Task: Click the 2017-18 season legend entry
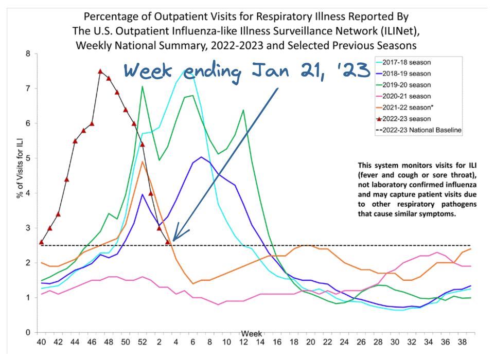(x=406, y=62)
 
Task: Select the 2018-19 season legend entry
(x=406, y=74)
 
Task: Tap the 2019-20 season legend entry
(x=406, y=85)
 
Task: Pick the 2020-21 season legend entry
(x=406, y=96)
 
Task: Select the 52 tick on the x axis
(x=142, y=341)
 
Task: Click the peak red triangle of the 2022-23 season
(x=100, y=71)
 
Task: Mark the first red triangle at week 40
(x=42, y=242)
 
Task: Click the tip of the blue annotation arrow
(x=173, y=240)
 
